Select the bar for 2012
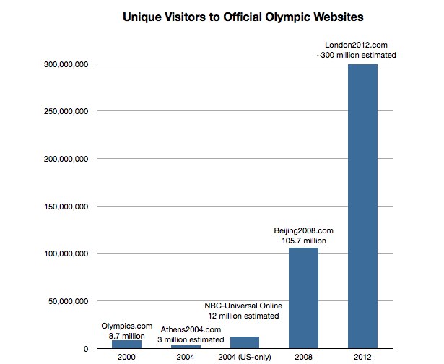(362, 206)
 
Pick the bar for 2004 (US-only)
(245, 342)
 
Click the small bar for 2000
(126, 344)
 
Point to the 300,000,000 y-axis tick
(62, 64)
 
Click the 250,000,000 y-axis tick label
(62, 112)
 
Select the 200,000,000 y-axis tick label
(62, 159)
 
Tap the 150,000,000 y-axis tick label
(62, 207)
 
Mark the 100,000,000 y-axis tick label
(62, 253)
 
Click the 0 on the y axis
(85, 349)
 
